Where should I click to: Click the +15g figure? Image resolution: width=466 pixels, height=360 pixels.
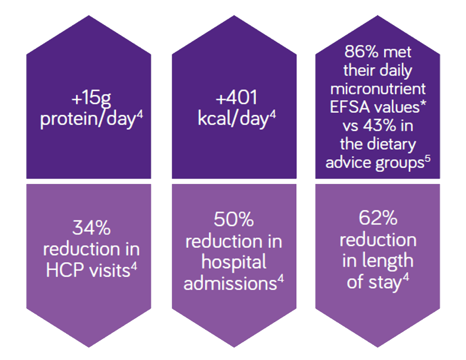91,98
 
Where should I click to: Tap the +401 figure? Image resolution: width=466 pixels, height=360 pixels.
236,97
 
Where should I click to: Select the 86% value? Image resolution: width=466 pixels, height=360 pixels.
361,52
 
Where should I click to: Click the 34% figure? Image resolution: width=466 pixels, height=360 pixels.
92,228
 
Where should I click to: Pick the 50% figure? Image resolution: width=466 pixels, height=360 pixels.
234,219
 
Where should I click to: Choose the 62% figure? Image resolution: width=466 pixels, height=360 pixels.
378,218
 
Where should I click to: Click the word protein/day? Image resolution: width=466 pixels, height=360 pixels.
88,119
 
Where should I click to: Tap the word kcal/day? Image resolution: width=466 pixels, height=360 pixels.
234,119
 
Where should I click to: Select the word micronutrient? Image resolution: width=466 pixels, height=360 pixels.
378,89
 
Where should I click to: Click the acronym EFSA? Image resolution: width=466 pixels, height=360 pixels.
344,107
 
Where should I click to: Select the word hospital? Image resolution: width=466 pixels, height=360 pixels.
234,262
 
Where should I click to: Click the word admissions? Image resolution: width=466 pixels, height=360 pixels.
230,284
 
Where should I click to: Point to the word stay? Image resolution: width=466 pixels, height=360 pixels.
385,283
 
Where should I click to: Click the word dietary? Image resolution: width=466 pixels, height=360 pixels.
391,144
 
